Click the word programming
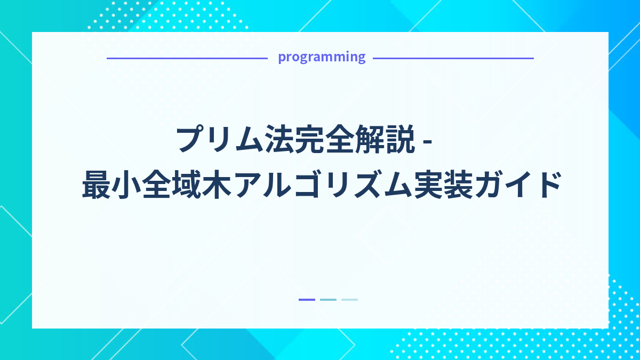(322, 57)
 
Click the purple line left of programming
(187, 58)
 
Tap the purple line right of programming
(453, 58)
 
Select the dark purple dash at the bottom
(307, 300)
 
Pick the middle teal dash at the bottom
(328, 300)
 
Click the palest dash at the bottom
(349, 300)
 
